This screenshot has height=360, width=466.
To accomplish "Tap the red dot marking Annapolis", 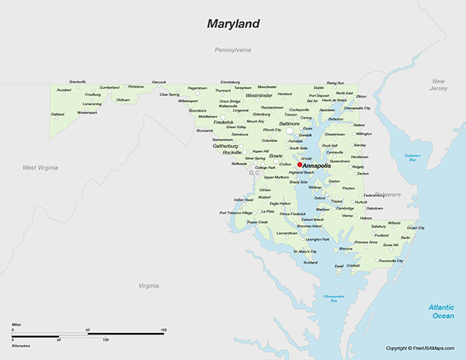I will [300, 164].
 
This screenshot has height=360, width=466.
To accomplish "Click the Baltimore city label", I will [289, 123].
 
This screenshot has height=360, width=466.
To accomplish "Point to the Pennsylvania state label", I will [233, 50].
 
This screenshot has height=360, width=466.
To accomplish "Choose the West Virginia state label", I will [42, 168].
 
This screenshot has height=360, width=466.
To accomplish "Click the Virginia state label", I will [148, 286].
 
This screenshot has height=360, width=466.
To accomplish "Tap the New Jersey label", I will [439, 85].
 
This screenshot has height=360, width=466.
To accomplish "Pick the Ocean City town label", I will [416, 227].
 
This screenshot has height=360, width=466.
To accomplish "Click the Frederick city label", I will [223, 122].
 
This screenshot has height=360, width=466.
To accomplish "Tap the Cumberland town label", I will [109, 87].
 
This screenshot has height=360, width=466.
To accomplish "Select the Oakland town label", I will [57, 114].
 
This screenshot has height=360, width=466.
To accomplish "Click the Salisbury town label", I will [378, 227].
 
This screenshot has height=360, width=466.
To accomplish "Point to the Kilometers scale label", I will [22, 344].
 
